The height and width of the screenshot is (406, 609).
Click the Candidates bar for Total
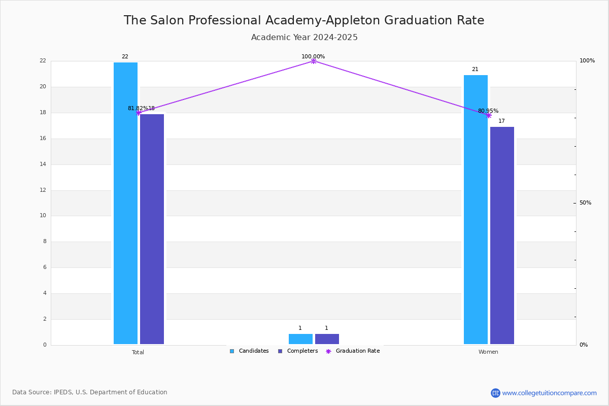coord(125,203)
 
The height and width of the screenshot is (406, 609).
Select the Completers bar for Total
coord(152,229)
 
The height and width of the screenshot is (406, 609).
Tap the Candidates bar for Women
coord(476,210)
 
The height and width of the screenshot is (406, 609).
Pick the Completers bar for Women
coord(502,235)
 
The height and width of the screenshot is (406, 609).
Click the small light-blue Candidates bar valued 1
coord(300,339)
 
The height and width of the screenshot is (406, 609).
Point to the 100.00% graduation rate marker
coord(314,61)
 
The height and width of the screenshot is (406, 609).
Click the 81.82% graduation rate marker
coord(139,113)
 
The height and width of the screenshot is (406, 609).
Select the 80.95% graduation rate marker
coord(489,116)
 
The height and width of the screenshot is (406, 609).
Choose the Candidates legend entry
coord(249,351)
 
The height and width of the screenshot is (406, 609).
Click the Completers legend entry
coord(298,351)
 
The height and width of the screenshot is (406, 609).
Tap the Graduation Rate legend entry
coord(353,351)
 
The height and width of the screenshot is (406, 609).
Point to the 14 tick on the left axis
coord(43,164)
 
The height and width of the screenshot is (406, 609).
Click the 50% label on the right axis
coord(585,202)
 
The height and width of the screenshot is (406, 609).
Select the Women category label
coord(488,352)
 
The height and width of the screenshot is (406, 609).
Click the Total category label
coord(138,352)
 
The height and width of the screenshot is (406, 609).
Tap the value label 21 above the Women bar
coord(475,70)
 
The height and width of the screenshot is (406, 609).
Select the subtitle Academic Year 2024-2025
coord(304,37)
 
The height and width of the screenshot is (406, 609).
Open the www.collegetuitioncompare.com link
coord(549,393)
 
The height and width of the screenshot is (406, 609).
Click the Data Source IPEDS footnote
coord(90,392)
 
